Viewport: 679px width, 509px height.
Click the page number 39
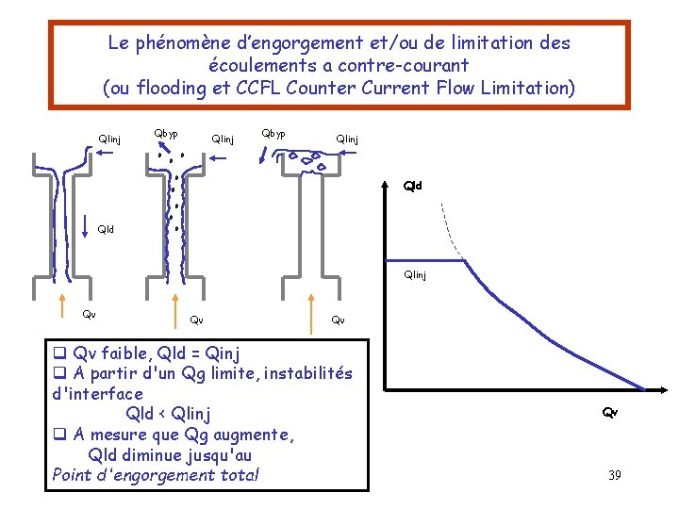click(x=614, y=475)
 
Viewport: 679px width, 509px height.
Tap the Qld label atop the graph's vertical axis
click(x=413, y=186)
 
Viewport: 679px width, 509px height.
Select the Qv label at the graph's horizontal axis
click(x=610, y=412)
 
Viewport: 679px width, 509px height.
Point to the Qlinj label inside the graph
click(x=414, y=275)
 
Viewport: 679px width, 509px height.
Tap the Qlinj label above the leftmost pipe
click(x=109, y=140)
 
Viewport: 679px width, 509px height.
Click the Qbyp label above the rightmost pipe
click(x=273, y=133)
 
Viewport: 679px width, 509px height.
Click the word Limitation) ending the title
click(x=528, y=89)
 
